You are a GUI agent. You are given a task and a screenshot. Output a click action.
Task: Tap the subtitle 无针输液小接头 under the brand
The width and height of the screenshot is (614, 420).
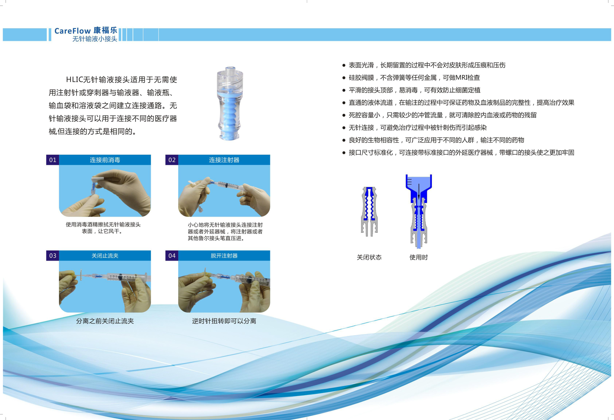[95, 39]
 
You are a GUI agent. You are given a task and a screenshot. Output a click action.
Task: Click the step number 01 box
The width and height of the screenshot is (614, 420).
[53, 160]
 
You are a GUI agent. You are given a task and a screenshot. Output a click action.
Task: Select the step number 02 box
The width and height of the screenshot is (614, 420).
[172, 160]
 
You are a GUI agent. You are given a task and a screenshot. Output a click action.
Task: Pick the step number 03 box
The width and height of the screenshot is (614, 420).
[53, 256]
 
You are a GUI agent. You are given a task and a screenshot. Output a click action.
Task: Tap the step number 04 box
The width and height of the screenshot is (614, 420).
[172, 256]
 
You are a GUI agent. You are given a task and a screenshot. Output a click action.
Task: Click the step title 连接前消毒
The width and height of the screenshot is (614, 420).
[105, 160]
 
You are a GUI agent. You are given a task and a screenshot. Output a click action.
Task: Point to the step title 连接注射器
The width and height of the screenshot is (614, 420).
[224, 160]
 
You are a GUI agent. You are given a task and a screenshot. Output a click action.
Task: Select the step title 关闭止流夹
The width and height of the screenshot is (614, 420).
[105, 256]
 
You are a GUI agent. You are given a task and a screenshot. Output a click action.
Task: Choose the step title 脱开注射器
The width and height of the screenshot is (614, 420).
[224, 256]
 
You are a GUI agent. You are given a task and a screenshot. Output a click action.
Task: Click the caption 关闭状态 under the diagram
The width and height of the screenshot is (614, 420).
[369, 257]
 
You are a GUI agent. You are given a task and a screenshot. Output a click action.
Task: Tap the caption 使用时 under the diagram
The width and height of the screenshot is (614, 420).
[419, 257]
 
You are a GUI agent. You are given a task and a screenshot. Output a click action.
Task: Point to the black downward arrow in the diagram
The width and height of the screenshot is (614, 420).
[419, 191]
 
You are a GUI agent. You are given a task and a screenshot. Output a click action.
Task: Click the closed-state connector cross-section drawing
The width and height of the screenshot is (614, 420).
[369, 211]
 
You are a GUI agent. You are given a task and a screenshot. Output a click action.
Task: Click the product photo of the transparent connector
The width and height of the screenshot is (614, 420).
[230, 104]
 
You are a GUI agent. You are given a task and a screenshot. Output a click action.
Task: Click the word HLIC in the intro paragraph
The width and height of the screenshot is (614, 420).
[74, 79]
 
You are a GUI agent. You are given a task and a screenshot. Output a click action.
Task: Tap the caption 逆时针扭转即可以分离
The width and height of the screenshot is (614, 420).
[224, 321]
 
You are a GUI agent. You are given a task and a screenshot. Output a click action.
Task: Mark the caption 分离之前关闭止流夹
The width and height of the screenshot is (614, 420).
[105, 321]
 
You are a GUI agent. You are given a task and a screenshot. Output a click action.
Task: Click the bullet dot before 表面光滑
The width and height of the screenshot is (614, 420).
[344, 65]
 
